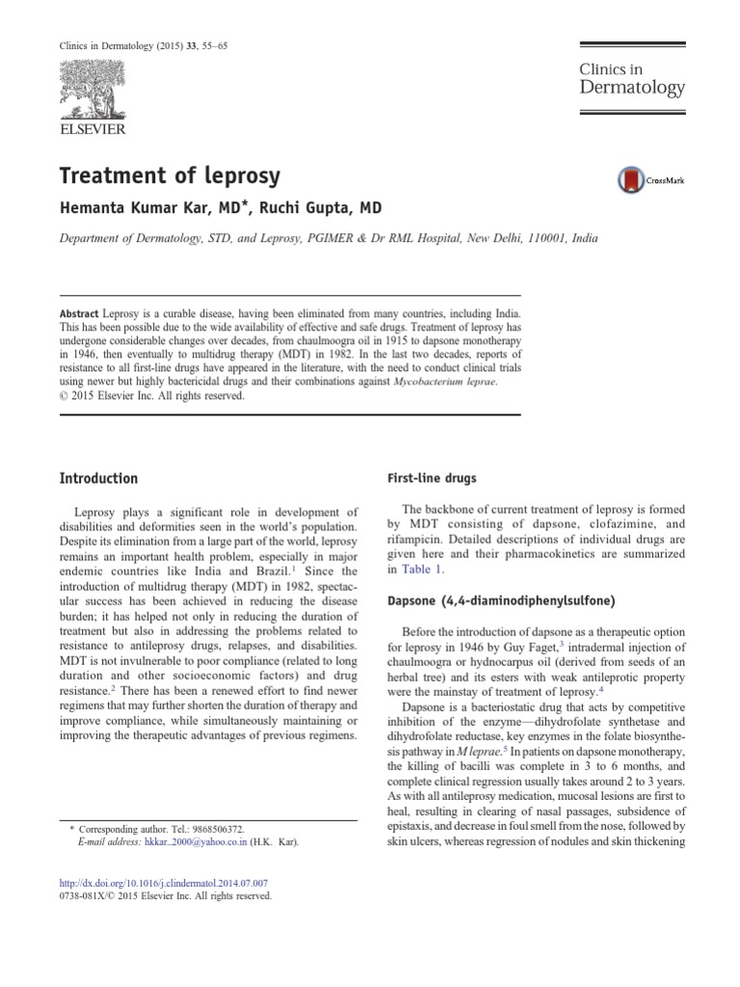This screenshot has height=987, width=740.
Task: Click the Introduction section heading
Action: [99, 478]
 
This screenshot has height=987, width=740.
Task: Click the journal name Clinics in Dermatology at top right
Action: [631, 79]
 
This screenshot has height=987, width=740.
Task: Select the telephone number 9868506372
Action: [209, 828]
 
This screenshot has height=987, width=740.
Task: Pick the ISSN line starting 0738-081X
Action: [166, 895]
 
